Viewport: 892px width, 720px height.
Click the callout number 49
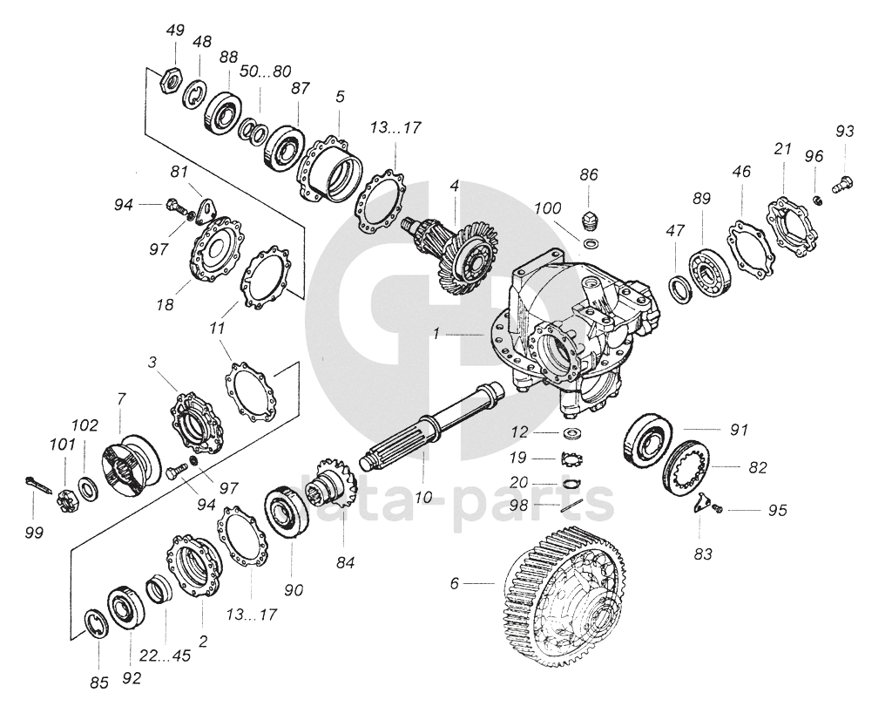tap(176, 31)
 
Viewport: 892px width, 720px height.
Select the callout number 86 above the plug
tap(590, 175)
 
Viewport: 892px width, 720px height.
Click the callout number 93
tap(844, 132)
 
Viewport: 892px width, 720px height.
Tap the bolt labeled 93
tap(843, 183)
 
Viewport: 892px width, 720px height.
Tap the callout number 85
tap(100, 683)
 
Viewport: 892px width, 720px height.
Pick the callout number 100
tap(548, 210)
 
